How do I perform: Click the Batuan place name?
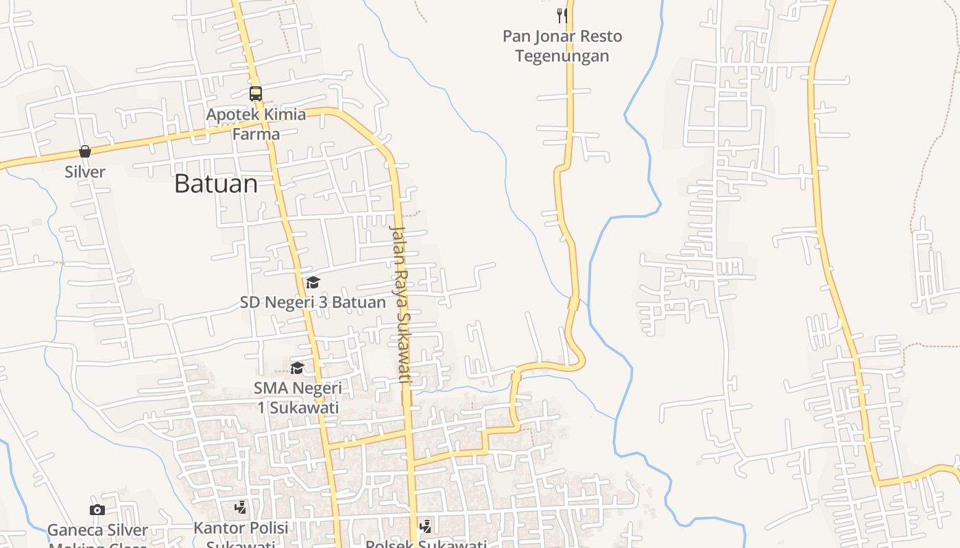[216, 184]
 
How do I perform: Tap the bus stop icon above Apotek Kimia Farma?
[256, 94]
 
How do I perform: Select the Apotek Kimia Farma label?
[256, 123]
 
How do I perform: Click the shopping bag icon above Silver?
[85, 151]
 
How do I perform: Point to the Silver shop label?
[85, 172]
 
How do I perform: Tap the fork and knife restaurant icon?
[562, 16]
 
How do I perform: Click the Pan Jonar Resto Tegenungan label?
[562, 45]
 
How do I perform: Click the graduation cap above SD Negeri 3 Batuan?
[313, 282]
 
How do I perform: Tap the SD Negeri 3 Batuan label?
[313, 302]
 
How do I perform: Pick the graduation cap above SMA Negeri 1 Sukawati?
[297, 369]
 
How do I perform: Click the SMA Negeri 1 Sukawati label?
[298, 397]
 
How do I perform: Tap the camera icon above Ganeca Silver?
[97, 510]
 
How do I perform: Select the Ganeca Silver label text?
[97, 530]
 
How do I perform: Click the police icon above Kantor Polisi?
[240, 508]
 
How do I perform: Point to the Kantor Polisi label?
[241, 528]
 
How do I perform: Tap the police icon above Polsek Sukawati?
[425, 526]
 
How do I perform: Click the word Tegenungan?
[562, 55]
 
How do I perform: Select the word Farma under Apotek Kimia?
[256, 134]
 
